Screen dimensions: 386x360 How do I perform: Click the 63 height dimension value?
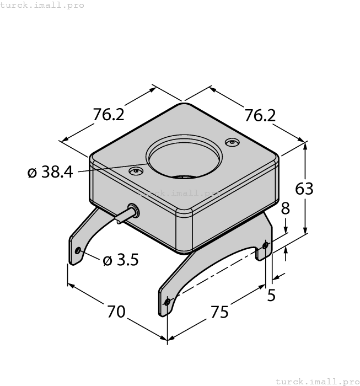304,189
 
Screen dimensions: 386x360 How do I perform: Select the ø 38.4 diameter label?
50,173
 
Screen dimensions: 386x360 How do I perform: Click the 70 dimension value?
116,312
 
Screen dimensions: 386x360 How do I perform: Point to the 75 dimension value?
219,312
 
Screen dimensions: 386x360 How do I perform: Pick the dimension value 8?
285,208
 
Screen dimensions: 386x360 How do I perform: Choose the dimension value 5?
271,296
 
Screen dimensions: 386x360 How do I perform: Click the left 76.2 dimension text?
108,115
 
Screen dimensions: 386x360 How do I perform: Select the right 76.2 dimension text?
260,115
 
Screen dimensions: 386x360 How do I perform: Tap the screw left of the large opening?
135,171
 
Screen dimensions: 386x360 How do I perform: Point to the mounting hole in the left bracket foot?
78,251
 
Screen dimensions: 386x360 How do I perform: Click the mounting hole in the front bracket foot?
168,301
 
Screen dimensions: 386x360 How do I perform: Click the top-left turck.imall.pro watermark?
42,5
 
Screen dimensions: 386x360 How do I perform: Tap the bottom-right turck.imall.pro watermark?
316,381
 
